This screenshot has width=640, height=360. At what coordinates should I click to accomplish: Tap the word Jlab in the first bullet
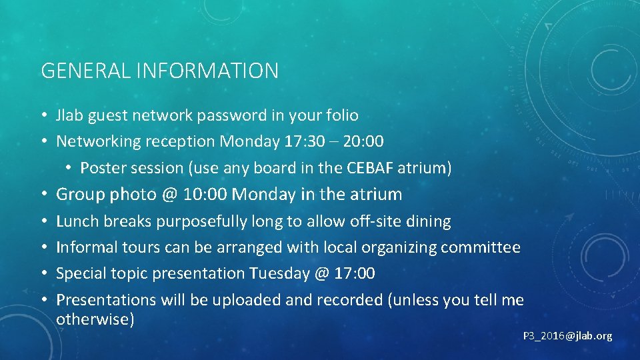[69, 115]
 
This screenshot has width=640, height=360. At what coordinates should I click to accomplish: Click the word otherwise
[95, 319]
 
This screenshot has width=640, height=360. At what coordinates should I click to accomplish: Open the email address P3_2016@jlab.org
[567, 336]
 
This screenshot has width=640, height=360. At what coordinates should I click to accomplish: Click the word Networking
[98, 141]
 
